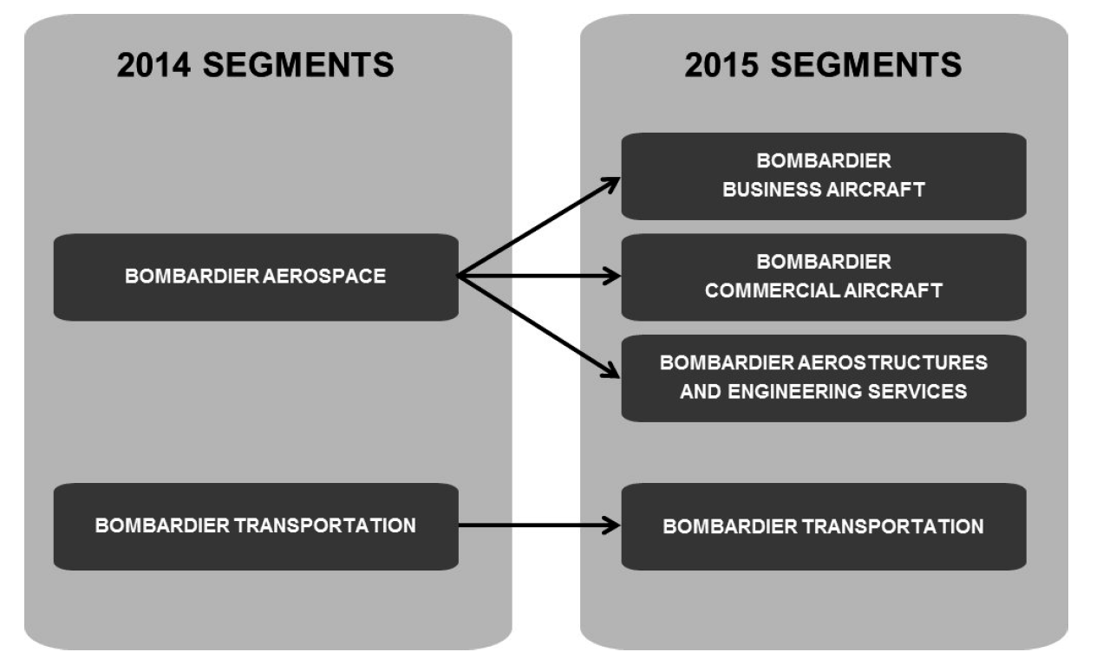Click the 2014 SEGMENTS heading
click(x=256, y=65)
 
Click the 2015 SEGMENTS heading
click(x=823, y=65)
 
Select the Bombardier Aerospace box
click(x=256, y=277)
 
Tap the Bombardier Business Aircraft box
click(x=823, y=176)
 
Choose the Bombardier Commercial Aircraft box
click(x=823, y=277)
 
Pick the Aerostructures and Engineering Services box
click(x=823, y=377)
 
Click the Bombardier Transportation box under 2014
click(x=256, y=525)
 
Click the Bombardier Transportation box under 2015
click(x=823, y=526)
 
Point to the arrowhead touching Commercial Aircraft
click(x=613, y=277)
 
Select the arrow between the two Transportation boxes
click(x=538, y=525)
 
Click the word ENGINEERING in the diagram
click(x=806, y=391)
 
